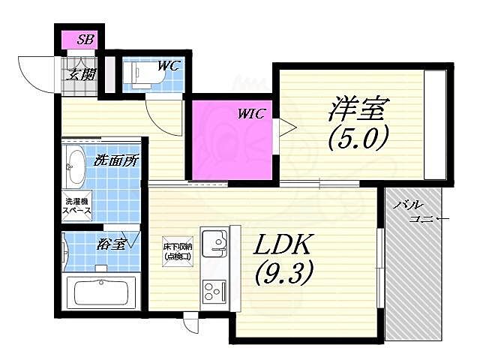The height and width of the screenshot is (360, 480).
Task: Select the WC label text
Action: (168, 66)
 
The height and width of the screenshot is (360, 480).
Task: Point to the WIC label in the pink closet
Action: (252, 114)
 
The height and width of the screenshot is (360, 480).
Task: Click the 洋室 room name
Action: (356, 109)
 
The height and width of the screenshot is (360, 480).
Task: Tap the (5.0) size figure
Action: (357, 138)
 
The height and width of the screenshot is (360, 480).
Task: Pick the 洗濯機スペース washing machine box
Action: (77, 206)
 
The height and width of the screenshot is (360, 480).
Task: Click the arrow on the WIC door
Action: (283, 127)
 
